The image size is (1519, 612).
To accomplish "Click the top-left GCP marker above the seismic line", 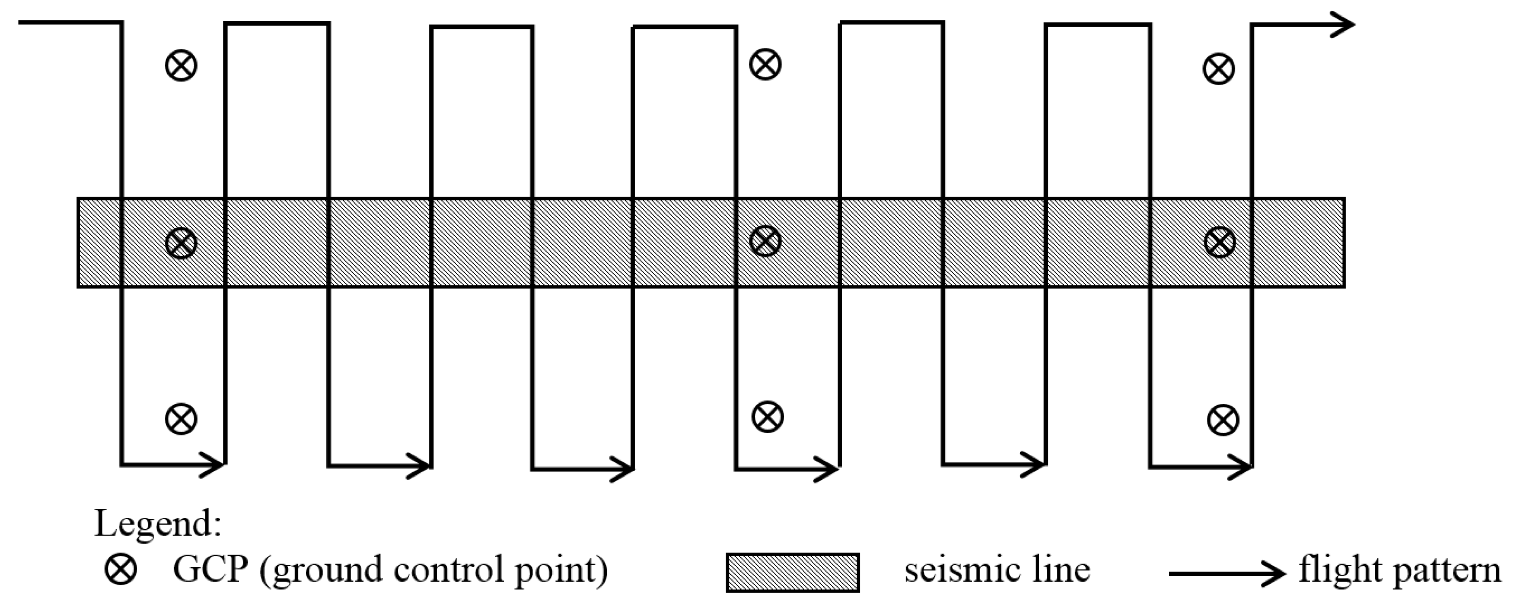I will [181, 65].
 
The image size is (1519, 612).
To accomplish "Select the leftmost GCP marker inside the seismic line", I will [181, 243].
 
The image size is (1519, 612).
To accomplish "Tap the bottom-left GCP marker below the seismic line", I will [181, 419].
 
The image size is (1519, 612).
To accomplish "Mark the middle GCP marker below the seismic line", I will [767, 417].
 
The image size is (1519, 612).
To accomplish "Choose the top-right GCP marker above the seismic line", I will [1219, 69].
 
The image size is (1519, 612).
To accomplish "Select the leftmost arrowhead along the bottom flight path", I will [213, 465].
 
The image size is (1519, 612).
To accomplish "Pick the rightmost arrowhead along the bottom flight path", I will [1241, 468].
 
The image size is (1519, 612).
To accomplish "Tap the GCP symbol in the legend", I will [121, 569].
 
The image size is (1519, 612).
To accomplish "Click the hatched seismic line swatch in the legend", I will [792, 572].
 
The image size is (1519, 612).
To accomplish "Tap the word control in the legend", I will [449, 569].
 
